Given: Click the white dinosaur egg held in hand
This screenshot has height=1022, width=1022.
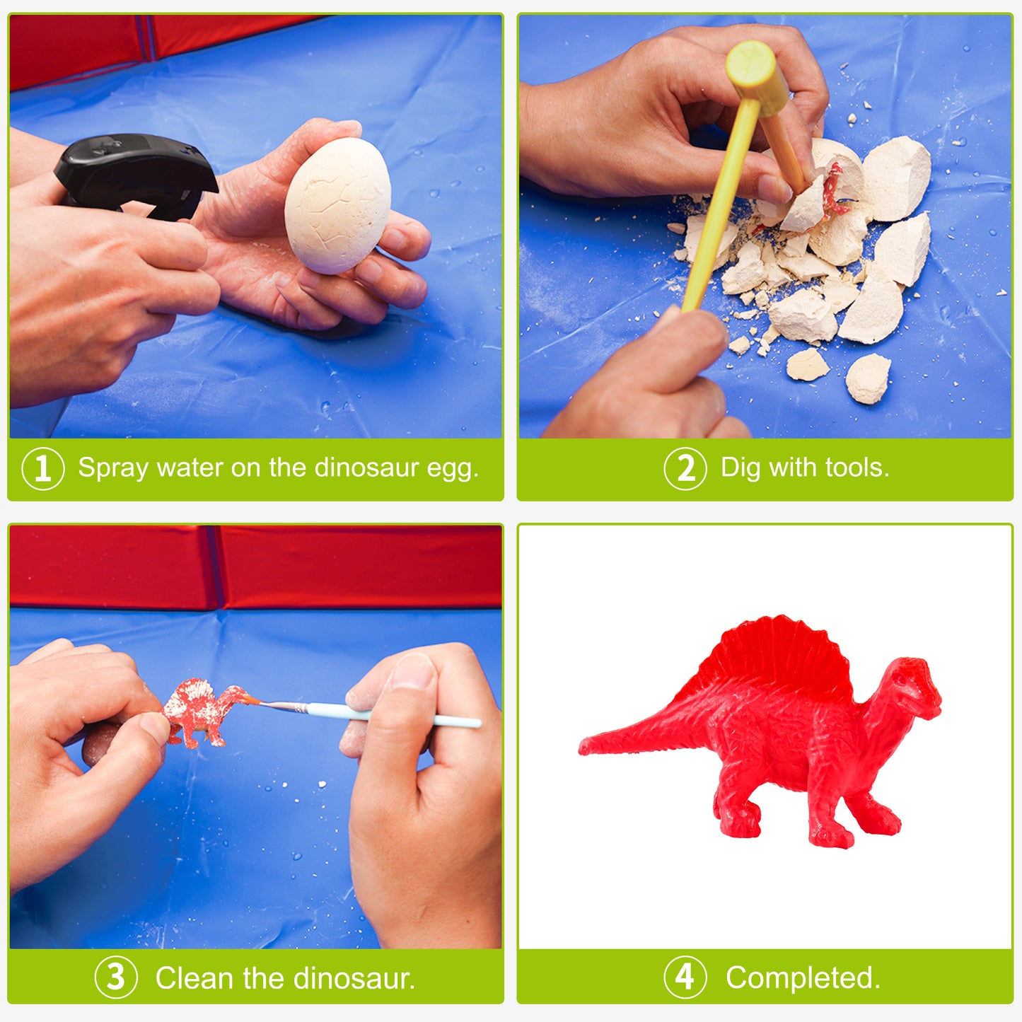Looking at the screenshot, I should (x=337, y=205).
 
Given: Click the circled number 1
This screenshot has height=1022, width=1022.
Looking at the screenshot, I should (x=43, y=469).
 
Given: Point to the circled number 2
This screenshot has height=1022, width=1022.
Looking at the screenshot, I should (x=685, y=469).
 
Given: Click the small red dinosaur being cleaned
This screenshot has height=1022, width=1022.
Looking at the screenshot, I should (x=202, y=711).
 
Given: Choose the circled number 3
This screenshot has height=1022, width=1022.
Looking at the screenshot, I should (x=115, y=978).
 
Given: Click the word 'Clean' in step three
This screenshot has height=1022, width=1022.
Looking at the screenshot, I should (x=194, y=978).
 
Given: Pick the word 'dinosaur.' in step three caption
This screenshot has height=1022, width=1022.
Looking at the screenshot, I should (x=354, y=978).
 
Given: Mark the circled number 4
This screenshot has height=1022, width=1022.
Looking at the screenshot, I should (x=685, y=978).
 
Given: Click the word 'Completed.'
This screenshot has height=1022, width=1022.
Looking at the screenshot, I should (x=803, y=978).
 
